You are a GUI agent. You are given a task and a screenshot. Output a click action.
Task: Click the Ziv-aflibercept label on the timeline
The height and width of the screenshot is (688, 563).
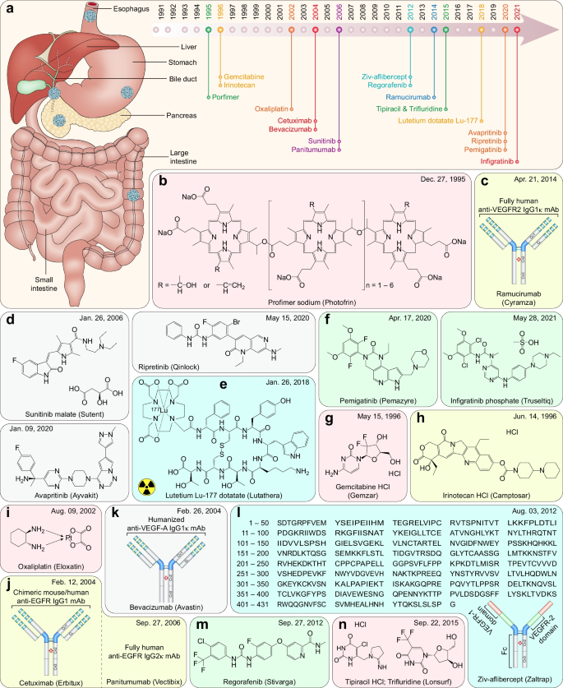386,76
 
